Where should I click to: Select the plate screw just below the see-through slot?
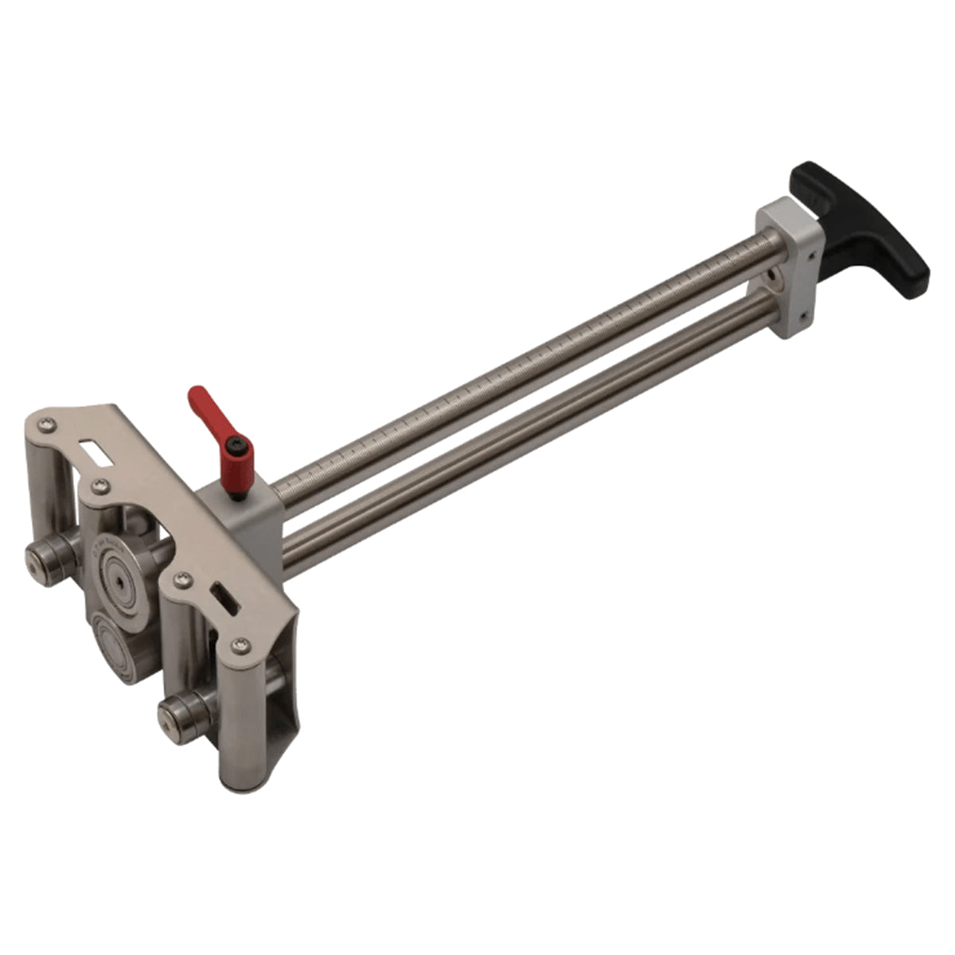[99, 485]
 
